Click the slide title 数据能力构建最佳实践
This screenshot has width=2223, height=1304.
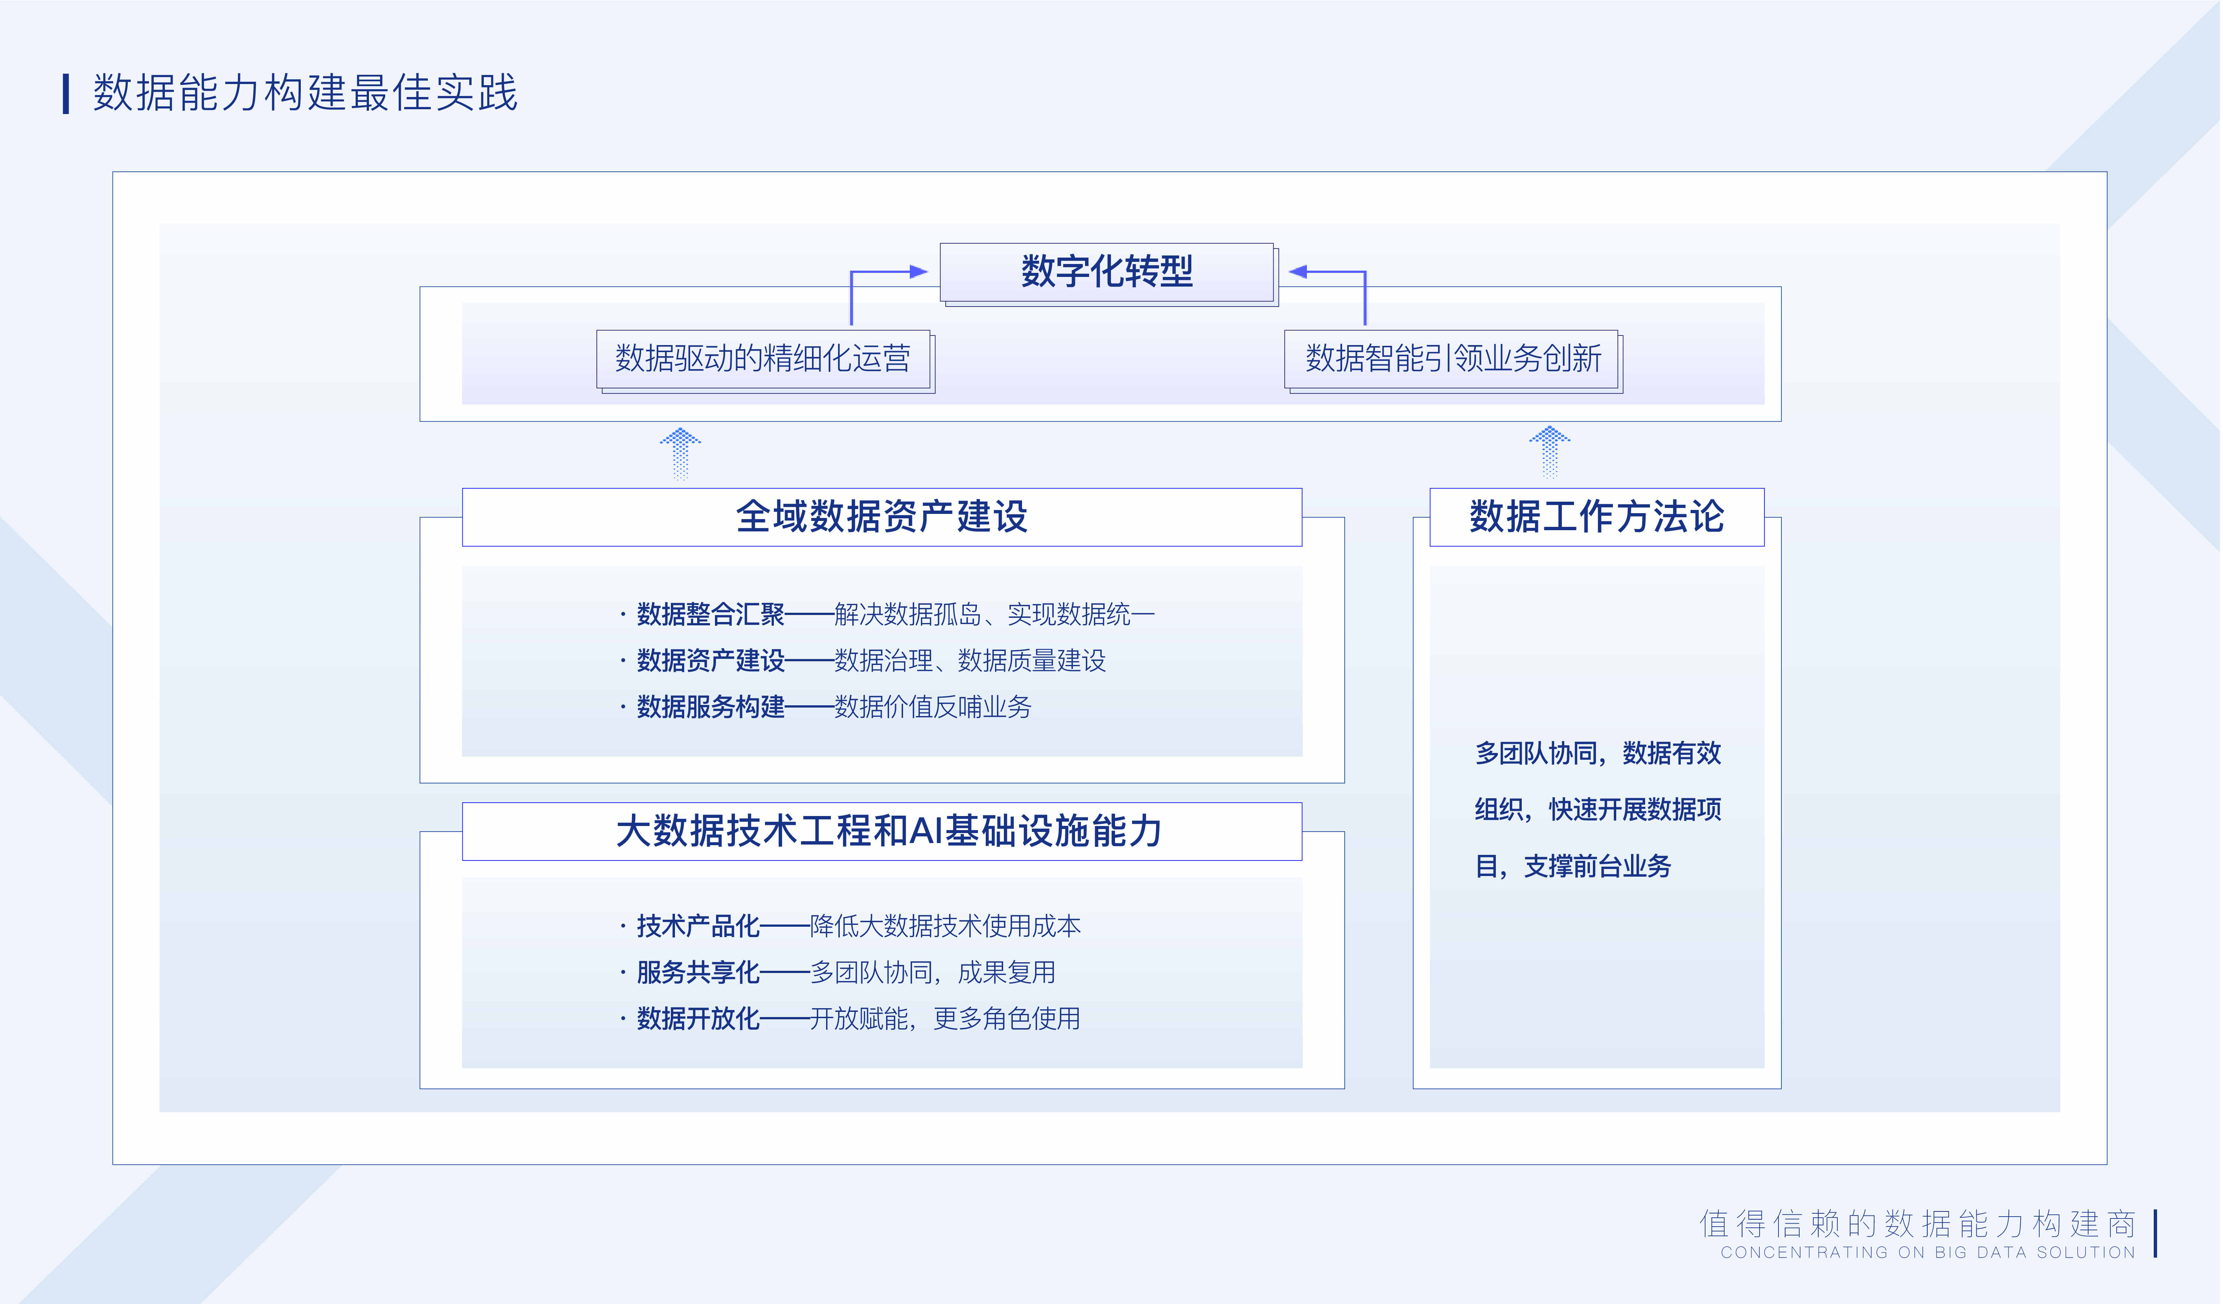[x=305, y=93]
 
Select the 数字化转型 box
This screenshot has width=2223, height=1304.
[x=1108, y=272]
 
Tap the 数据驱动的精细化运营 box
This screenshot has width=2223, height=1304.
[x=764, y=360]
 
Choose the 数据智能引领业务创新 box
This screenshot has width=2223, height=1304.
[x=1453, y=360]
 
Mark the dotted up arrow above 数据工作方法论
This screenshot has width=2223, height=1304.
[x=1549, y=452]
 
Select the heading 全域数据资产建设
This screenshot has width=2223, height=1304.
[x=882, y=516]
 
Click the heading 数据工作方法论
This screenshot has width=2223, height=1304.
[x=1597, y=516]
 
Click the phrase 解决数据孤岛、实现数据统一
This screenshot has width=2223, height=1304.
[x=994, y=615]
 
